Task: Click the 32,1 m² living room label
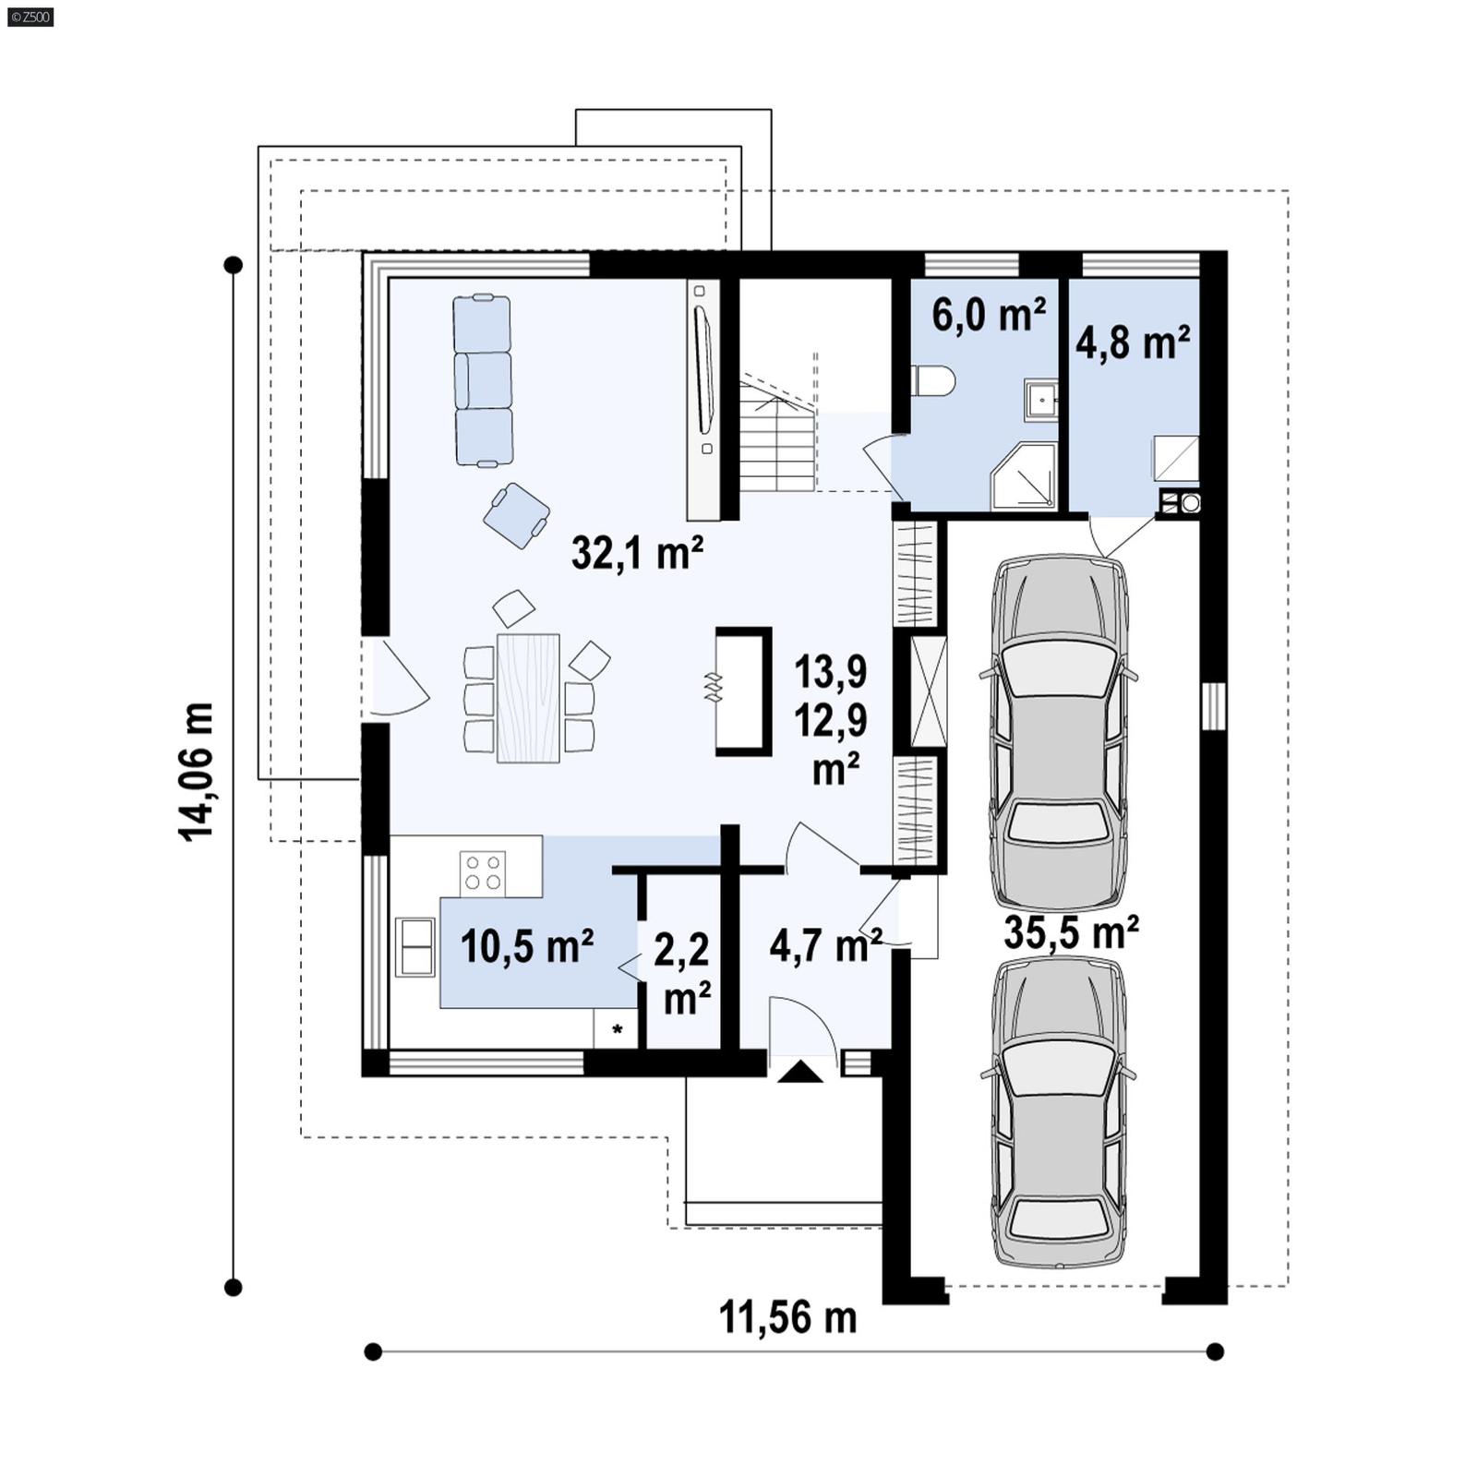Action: [x=637, y=553]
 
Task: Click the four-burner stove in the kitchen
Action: [x=483, y=871]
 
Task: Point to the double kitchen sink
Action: [x=414, y=946]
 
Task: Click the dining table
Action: [x=528, y=698]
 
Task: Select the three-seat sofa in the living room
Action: [x=482, y=380]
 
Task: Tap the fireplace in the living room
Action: [x=742, y=690]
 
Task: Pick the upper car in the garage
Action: [x=1059, y=729]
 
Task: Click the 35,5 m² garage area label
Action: [x=1071, y=933]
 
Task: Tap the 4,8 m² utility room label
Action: [x=1132, y=342]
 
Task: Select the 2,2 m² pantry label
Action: [x=682, y=974]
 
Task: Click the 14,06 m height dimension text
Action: [x=197, y=771]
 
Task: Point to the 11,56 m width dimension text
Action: [x=787, y=1317]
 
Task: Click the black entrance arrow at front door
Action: [x=800, y=1072]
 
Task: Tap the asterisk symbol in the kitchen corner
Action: [x=617, y=1029]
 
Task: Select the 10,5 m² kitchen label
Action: [x=526, y=946]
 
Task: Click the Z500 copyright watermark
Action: [x=30, y=17]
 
